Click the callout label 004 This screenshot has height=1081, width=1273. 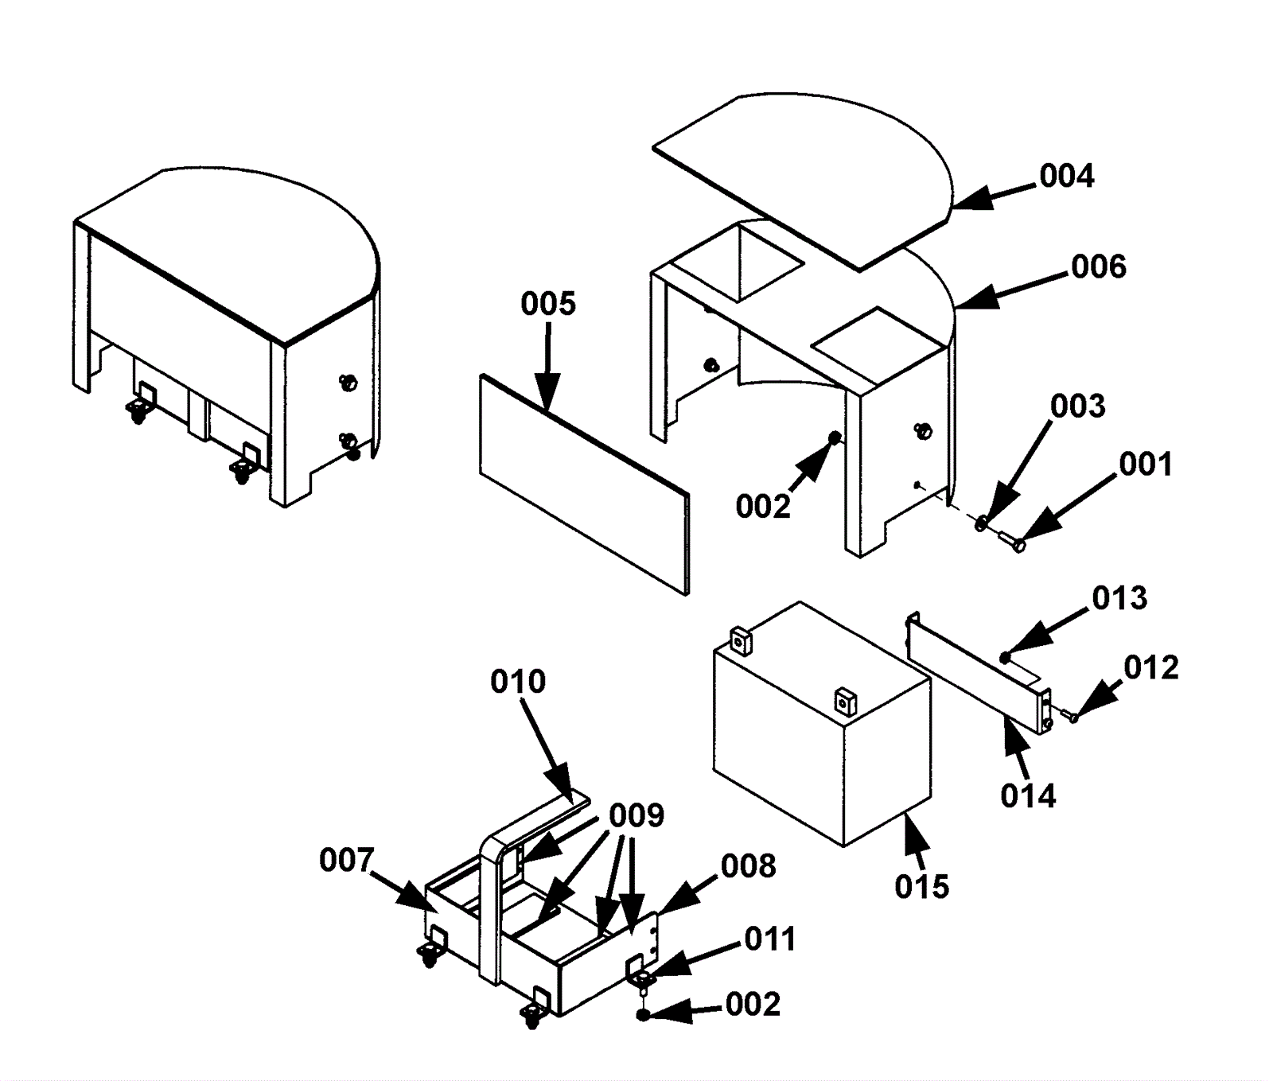tap(1067, 176)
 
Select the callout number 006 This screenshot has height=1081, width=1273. tap(1099, 266)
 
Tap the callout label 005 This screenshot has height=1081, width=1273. tap(548, 303)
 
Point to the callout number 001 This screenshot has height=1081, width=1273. tap(1146, 464)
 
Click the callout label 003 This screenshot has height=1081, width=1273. tap(1078, 406)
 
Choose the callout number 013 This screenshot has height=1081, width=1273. tap(1119, 597)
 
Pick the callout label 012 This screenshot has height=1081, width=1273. tap(1151, 667)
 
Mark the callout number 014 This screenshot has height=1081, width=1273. tap(1028, 795)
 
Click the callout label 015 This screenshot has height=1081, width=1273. tap(922, 886)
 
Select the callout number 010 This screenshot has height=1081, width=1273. tap(518, 682)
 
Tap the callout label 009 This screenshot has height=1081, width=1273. tap(636, 815)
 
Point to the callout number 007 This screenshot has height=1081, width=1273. tap(347, 860)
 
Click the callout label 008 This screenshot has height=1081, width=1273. tap(749, 866)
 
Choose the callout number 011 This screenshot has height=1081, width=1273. tap(770, 939)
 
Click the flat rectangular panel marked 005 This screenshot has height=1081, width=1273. tap(585, 485)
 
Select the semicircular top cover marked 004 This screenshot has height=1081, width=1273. tap(804, 183)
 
